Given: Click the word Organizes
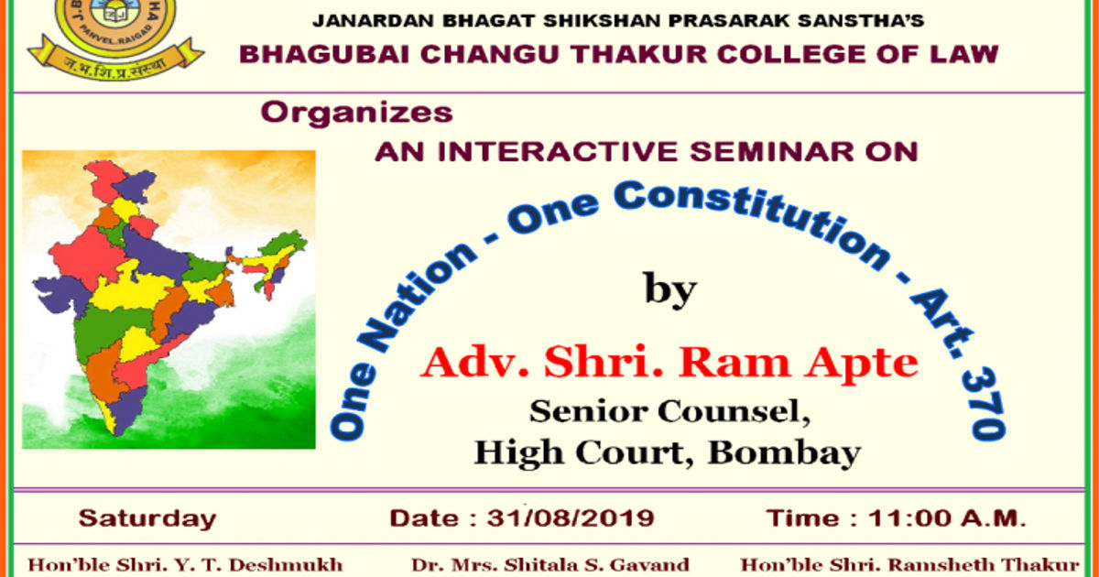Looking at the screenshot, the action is coord(356,114).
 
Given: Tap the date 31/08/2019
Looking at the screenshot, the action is coord(571,518).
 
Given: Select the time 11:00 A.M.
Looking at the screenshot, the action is coord(946,518).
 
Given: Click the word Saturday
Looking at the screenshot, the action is coord(147,519).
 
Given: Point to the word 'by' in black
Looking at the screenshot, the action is coord(670,290).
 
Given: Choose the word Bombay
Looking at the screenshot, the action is coord(784,453).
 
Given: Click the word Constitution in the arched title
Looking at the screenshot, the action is coord(751,222).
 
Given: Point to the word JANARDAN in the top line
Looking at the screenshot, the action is coord(373,20).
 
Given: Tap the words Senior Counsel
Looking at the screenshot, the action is coord(669,411).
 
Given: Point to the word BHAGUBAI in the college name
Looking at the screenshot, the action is coord(324,54).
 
